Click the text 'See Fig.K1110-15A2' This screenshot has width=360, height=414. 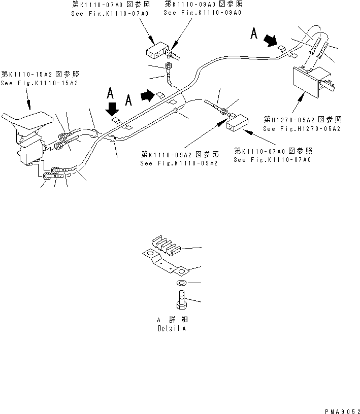tap(39, 83)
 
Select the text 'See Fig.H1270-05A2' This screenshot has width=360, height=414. tap(302, 129)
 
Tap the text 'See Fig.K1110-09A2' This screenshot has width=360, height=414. tap(179, 163)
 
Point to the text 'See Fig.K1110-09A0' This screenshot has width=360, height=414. tap(203, 13)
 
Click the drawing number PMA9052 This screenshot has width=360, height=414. tap(342, 411)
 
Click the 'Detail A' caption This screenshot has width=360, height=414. tap(172, 328)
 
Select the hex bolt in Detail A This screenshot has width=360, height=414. tap(182, 300)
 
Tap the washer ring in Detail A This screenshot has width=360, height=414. tap(182, 283)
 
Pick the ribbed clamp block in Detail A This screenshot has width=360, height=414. tap(166, 245)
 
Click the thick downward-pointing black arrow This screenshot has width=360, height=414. tap(112, 109)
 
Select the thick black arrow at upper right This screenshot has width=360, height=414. tap(271, 41)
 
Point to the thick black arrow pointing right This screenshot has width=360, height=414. tap(147, 95)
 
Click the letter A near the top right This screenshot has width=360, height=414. tap(254, 33)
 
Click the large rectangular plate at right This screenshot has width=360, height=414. tap(305, 82)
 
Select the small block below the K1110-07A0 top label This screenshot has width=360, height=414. tap(157, 50)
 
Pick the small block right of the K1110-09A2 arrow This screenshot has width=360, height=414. tap(237, 123)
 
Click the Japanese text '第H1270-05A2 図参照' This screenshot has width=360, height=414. tap(303, 120)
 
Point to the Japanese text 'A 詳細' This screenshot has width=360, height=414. tap(172, 320)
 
